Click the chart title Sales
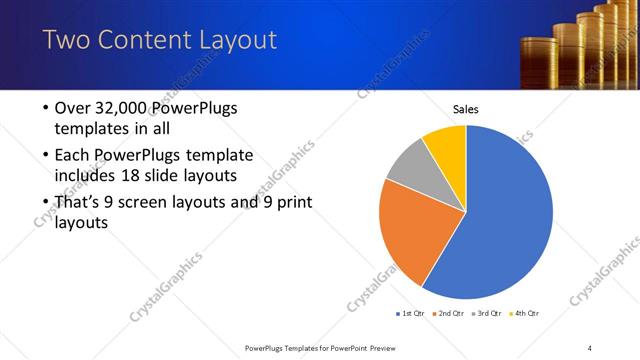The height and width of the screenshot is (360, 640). (467, 109)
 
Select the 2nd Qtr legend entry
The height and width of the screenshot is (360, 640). (448, 314)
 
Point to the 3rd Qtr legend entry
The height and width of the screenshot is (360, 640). (486, 314)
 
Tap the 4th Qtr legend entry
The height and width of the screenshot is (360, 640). (523, 314)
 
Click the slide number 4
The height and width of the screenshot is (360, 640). (590, 347)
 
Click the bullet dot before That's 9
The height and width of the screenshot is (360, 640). (46, 203)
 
